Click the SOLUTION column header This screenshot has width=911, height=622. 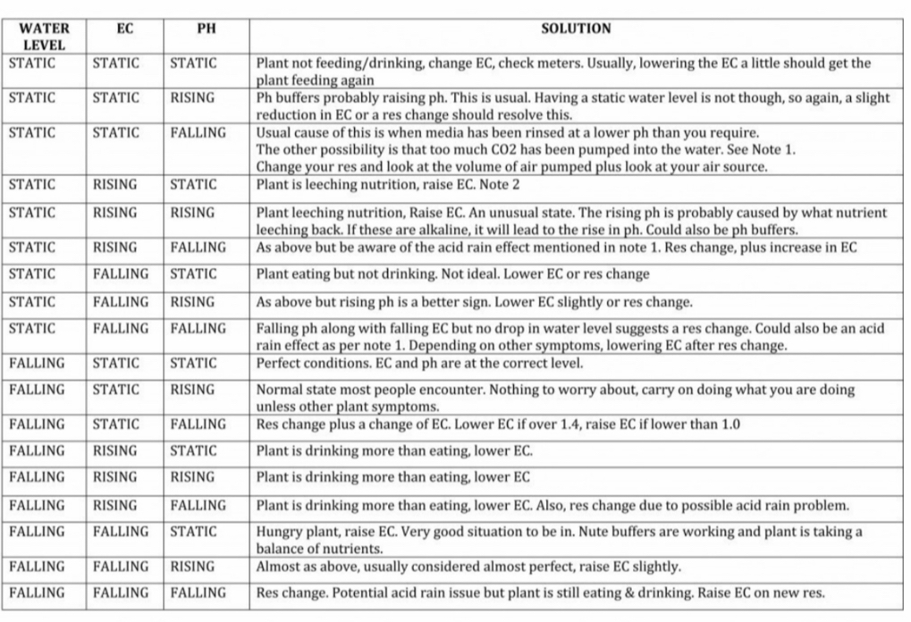click(x=576, y=29)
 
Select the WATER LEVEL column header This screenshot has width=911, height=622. click(x=44, y=36)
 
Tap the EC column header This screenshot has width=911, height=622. click(x=124, y=29)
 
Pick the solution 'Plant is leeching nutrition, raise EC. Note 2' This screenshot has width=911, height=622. click(x=387, y=185)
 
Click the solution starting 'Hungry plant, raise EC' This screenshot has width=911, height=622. click(x=559, y=540)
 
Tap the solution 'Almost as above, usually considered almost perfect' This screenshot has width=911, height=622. click(x=468, y=567)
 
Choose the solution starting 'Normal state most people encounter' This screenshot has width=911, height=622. click(x=555, y=398)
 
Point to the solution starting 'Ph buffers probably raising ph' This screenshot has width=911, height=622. click(x=572, y=106)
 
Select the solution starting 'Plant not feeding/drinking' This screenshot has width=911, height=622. click(x=563, y=71)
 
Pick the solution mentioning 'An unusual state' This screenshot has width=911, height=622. click(x=571, y=221)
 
